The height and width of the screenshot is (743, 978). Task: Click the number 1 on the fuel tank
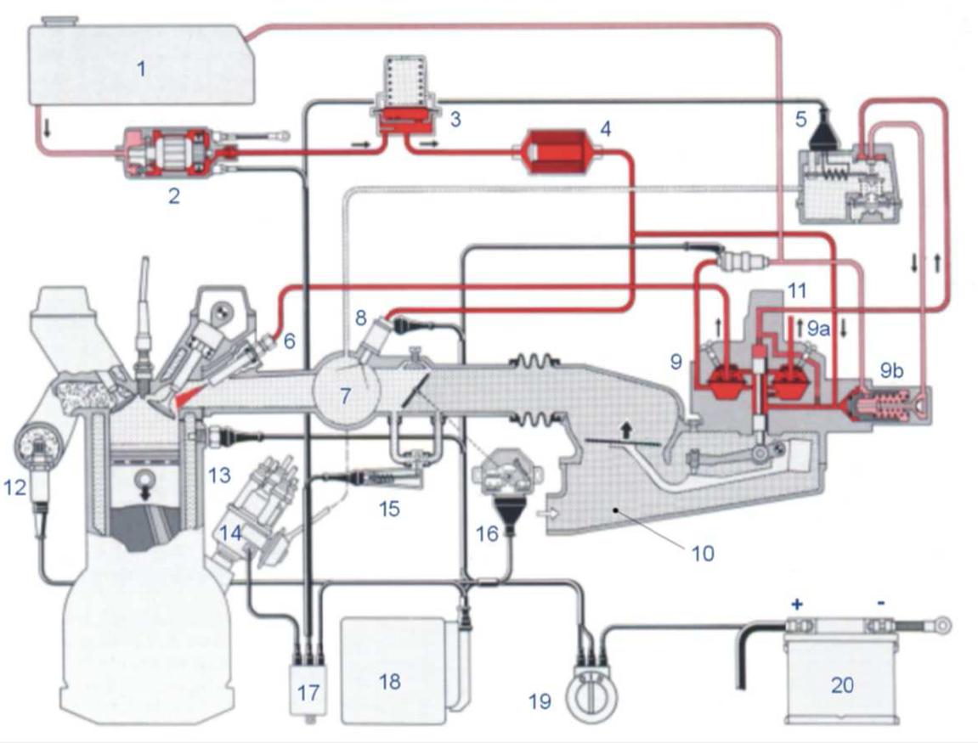click(x=142, y=69)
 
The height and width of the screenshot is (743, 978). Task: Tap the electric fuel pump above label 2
click(x=175, y=153)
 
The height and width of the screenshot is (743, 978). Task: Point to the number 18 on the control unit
click(x=390, y=681)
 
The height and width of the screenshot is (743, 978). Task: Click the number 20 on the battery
click(x=842, y=685)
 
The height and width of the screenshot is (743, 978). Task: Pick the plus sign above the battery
click(x=796, y=604)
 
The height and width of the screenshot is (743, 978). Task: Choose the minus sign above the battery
click(x=880, y=603)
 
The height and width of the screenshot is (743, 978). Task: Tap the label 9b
click(x=891, y=371)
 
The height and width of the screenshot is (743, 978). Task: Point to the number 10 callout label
click(x=703, y=553)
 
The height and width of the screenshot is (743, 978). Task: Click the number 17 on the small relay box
click(x=308, y=693)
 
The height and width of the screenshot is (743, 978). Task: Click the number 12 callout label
click(x=15, y=487)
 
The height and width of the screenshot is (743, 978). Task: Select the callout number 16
click(x=488, y=533)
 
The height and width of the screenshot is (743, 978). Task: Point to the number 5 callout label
click(x=801, y=118)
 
